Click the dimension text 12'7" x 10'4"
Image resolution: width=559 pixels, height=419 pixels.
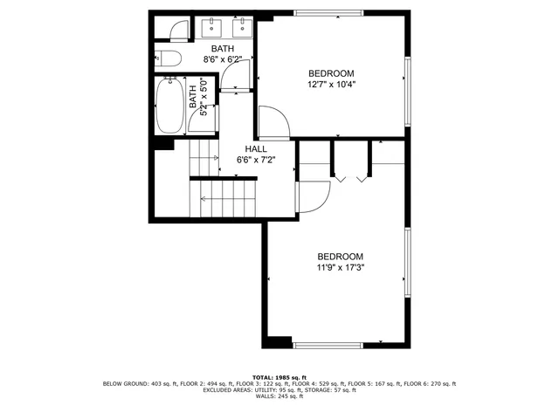(x=331, y=85)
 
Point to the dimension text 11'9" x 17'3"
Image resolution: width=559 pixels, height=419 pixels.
(x=340, y=268)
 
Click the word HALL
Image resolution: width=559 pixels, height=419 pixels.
(x=256, y=149)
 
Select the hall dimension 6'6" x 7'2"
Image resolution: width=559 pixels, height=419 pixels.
(x=256, y=161)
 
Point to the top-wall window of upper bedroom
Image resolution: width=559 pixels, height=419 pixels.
(x=328, y=12)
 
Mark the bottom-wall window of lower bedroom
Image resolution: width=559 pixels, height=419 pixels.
(x=328, y=345)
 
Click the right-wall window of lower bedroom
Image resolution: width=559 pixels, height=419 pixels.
(x=407, y=261)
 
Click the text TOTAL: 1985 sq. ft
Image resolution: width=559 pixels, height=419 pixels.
(x=279, y=377)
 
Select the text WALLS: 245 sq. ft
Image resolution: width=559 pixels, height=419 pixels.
(x=279, y=397)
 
